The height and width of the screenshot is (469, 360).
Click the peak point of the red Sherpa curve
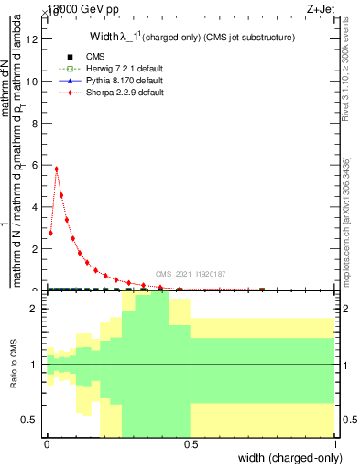click(57, 169)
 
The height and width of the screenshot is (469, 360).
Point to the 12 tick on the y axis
click(34, 39)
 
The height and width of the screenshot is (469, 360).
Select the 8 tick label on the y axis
click(34, 123)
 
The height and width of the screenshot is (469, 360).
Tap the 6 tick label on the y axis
click(34, 165)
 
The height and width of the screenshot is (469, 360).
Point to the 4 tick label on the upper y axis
click(34, 207)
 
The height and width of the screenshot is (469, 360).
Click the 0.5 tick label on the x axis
click(190, 443)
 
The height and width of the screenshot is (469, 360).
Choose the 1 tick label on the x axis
click(335, 443)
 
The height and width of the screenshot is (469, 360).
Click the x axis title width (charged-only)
click(287, 459)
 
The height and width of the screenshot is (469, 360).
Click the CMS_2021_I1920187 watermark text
click(190, 273)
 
